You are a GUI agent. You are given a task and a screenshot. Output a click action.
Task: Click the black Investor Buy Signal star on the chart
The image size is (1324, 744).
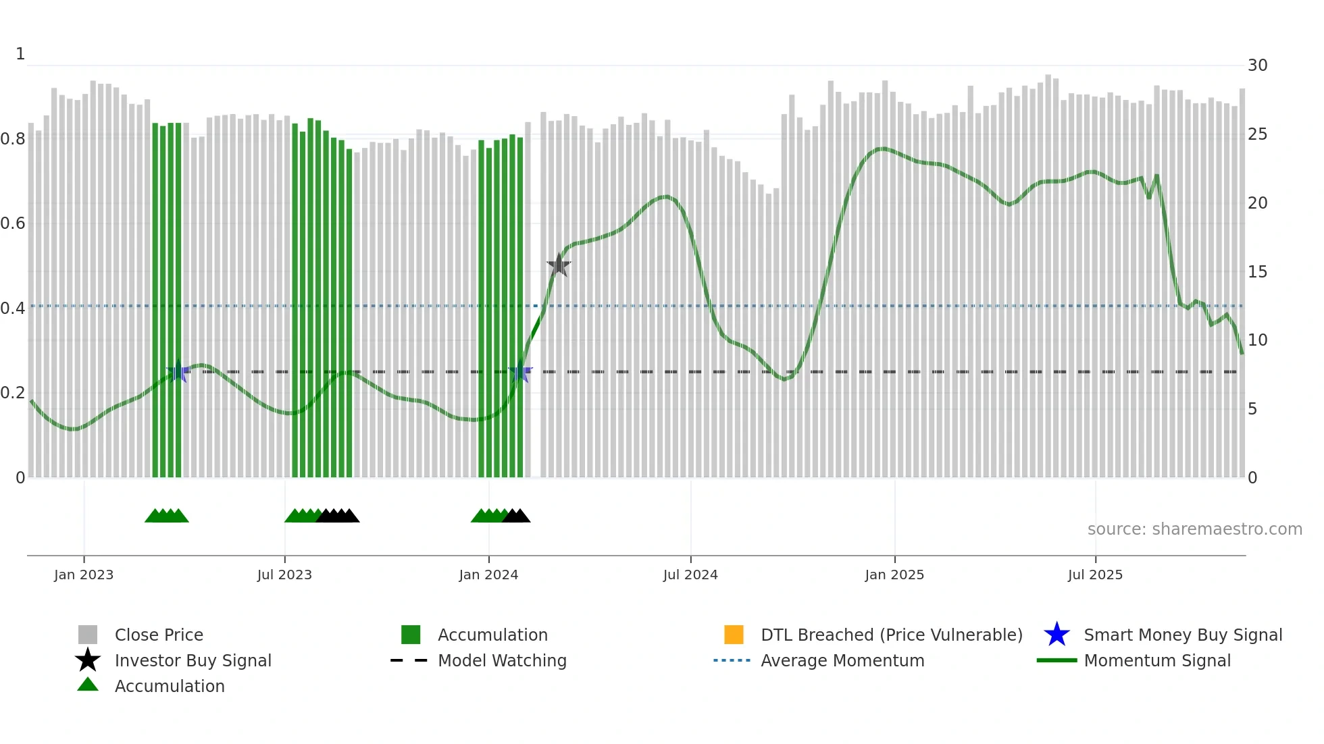[x=559, y=265]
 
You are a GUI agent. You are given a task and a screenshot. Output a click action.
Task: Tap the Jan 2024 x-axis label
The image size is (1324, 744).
[x=488, y=575]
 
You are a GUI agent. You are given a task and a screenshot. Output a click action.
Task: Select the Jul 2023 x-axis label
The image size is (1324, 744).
[x=284, y=575]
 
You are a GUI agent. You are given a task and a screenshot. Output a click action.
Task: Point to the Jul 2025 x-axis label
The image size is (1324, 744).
[x=1095, y=575]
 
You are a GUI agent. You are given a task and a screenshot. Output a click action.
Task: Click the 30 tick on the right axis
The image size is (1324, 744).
[x=1257, y=65]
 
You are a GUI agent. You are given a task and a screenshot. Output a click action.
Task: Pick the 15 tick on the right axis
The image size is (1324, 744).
[x=1257, y=272]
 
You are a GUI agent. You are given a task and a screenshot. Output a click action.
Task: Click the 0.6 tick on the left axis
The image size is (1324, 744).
[x=13, y=223]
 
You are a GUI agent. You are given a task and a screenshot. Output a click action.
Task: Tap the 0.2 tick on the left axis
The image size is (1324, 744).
[x=13, y=393]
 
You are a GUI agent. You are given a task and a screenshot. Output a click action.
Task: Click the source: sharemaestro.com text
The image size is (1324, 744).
[x=1194, y=529]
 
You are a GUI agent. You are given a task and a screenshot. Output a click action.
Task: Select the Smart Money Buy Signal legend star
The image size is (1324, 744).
[x=1056, y=635]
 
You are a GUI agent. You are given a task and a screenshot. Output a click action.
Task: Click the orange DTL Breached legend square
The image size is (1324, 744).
[x=734, y=635]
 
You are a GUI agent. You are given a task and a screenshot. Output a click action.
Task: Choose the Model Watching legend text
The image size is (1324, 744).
[x=502, y=660]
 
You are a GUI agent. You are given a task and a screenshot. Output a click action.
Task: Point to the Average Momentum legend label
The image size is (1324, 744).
[x=842, y=660]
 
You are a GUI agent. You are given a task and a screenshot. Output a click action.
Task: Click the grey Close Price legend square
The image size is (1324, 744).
[x=88, y=635]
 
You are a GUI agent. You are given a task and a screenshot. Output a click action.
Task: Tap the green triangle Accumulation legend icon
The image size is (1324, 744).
[x=88, y=685]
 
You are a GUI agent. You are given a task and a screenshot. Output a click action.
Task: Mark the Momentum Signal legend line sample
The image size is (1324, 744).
[x=1056, y=660]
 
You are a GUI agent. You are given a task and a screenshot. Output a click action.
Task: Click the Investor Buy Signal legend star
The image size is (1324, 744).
[x=88, y=660]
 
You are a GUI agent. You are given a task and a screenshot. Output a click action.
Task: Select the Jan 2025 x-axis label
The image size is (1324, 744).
[x=894, y=575]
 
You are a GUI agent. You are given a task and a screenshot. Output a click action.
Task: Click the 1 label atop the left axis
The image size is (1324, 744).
[x=20, y=54]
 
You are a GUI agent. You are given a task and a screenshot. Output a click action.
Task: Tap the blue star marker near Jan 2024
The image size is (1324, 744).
[x=520, y=372]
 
